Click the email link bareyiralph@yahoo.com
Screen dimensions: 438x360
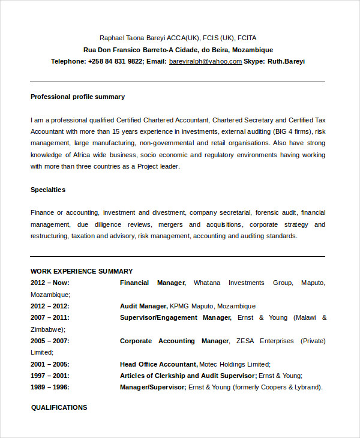click(x=205, y=61)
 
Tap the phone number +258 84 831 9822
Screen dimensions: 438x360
click(x=115, y=61)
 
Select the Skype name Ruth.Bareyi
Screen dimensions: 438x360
click(x=286, y=61)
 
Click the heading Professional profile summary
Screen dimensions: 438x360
click(x=77, y=97)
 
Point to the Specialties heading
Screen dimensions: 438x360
click(x=48, y=190)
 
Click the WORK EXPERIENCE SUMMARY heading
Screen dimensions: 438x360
click(x=82, y=271)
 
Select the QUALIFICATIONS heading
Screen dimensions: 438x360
click(x=59, y=407)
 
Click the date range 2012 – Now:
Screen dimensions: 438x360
click(x=50, y=283)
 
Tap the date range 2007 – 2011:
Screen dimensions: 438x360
click(x=50, y=317)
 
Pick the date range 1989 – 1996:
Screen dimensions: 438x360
click(x=50, y=387)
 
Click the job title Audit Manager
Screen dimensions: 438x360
click(x=143, y=306)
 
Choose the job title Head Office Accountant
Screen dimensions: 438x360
click(x=158, y=364)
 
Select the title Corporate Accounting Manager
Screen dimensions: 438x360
click(x=174, y=341)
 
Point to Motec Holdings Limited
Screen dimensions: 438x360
click(x=235, y=364)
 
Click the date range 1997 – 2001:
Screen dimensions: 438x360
click(x=50, y=376)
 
